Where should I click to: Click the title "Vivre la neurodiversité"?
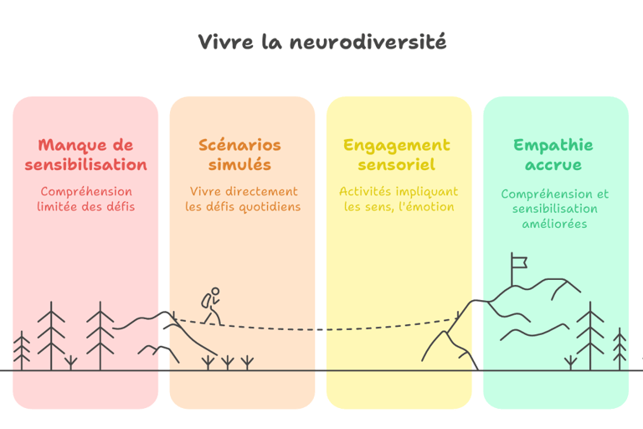(321, 42)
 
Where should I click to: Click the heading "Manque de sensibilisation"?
(85, 155)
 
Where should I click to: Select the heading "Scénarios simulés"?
(240, 155)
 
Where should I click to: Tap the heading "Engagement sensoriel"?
(397, 155)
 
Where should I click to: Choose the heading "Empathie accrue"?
(553, 155)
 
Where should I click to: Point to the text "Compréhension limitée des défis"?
(85, 199)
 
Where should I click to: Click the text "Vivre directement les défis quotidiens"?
(243, 199)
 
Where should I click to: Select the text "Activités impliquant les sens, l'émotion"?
(399, 199)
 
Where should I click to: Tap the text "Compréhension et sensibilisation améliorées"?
(553, 209)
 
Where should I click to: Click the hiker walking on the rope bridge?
(211, 307)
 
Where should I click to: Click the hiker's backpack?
(205, 301)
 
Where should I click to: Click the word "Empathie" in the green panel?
(553, 145)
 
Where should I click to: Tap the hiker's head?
(215, 292)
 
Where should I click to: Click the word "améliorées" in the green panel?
(553, 224)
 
